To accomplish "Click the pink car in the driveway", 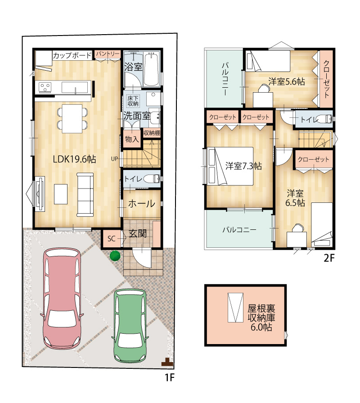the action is click(62, 298).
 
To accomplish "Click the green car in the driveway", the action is click(130, 326).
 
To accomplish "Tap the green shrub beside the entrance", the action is click(115, 256).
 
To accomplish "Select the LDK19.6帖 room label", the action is click(74, 159).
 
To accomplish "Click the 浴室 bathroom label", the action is click(133, 67).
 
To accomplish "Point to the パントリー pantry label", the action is click(108, 54).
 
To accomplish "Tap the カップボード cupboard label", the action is click(72, 55).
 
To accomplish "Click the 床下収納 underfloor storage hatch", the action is click(133, 101).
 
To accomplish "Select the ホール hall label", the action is click(142, 204).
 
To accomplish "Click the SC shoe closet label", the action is click(112, 239).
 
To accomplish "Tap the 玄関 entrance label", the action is click(138, 233).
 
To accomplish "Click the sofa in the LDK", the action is click(85, 195).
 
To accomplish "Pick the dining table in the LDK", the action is click(72, 118).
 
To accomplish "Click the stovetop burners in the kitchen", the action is click(45, 87).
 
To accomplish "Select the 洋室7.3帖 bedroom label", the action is click(243, 166).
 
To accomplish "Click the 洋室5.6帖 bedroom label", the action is click(287, 81).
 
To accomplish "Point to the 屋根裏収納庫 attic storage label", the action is click(261, 313).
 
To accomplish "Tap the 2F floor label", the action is click(329, 258).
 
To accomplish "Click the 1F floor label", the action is click(169, 377).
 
